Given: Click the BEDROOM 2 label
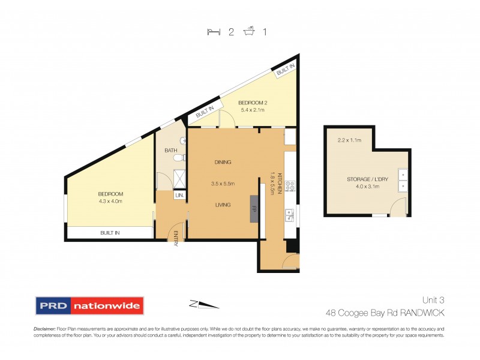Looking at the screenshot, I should (x=253, y=103).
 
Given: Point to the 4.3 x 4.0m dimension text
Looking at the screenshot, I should (x=110, y=201).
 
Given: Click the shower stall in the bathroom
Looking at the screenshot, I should (x=179, y=177).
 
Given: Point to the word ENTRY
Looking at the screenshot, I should (x=176, y=238).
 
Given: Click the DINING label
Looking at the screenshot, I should (x=223, y=162).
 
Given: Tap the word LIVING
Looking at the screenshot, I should (x=223, y=205).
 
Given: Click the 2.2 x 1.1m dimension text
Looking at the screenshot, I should (x=349, y=140).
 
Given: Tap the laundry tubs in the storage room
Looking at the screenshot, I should (x=404, y=179).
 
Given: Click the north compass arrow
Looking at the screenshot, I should (x=205, y=305).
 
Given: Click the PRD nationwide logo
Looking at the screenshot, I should (x=90, y=305).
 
